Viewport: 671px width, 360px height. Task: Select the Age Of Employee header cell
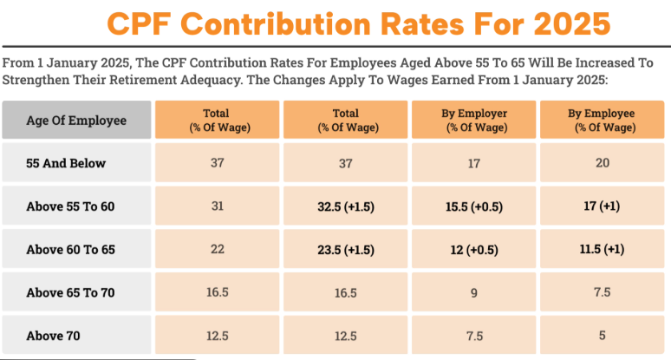tap(76, 120)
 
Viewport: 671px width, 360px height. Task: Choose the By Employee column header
tap(601, 120)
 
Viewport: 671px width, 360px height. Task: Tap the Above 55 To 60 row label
tap(76, 206)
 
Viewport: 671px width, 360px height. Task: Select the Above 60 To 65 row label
tap(76, 249)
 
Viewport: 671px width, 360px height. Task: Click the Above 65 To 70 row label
tap(76, 292)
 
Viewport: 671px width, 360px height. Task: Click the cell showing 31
tap(217, 206)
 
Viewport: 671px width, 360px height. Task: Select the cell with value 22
tap(217, 249)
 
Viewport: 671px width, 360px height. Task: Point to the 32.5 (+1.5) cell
tap(345, 206)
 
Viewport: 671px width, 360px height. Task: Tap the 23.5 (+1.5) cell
tap(345, 249)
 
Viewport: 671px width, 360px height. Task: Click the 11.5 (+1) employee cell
tap(602, 249)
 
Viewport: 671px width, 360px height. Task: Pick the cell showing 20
tap(602, 162)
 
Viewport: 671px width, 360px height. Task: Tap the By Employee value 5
tap(602, 335)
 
